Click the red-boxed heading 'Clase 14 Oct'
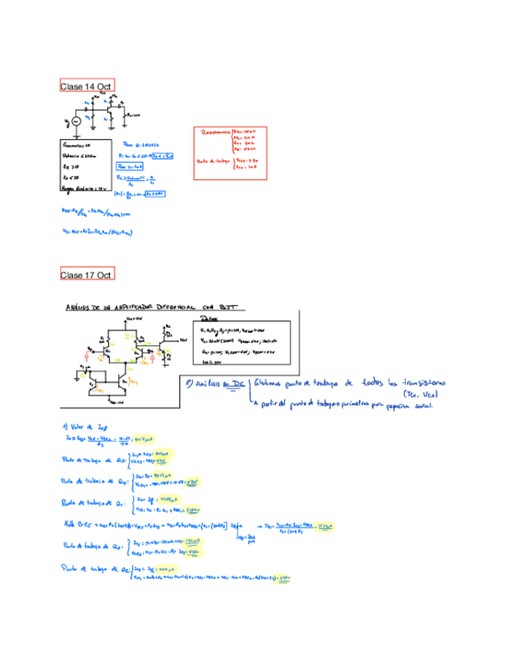pyautogui.click(x=87, y=85)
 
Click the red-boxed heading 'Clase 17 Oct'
pyautogui.click(x=87, y=274)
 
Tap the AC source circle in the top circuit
pyautogui.click(x=76, y=121)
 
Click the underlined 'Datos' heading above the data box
pyautogui.click(x=210, y=319)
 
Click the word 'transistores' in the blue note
pyautogui.click(x=418, y=384)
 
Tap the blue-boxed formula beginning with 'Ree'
pyautogui.click(x=128, y=167)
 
